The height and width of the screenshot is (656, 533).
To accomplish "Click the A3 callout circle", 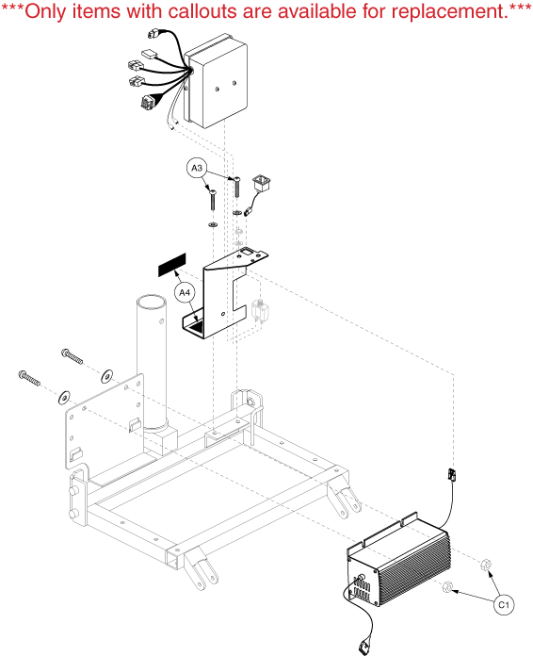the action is pos(197,168).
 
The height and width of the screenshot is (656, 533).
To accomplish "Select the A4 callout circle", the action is pos(185,292).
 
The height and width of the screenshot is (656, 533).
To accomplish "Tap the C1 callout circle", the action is pos(504,604).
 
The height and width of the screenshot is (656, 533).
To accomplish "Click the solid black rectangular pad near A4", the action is pos(171,265).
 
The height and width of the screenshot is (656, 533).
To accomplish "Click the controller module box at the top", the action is pos(216,82).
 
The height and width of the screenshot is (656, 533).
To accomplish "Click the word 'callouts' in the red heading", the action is pos(202,11).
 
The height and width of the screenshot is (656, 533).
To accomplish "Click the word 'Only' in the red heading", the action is pos(44,12).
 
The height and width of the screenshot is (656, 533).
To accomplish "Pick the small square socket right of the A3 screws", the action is pos(261,185).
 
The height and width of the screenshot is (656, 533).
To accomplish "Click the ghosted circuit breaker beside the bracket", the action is pos(260,310).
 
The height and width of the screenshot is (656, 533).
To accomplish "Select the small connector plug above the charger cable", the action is pos(451,474).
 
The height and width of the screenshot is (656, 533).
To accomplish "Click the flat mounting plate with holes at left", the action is pos(105,420).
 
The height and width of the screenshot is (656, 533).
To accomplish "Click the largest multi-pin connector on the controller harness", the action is pos(148,102).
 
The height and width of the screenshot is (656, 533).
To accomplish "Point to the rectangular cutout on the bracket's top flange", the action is pos(248,252).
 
